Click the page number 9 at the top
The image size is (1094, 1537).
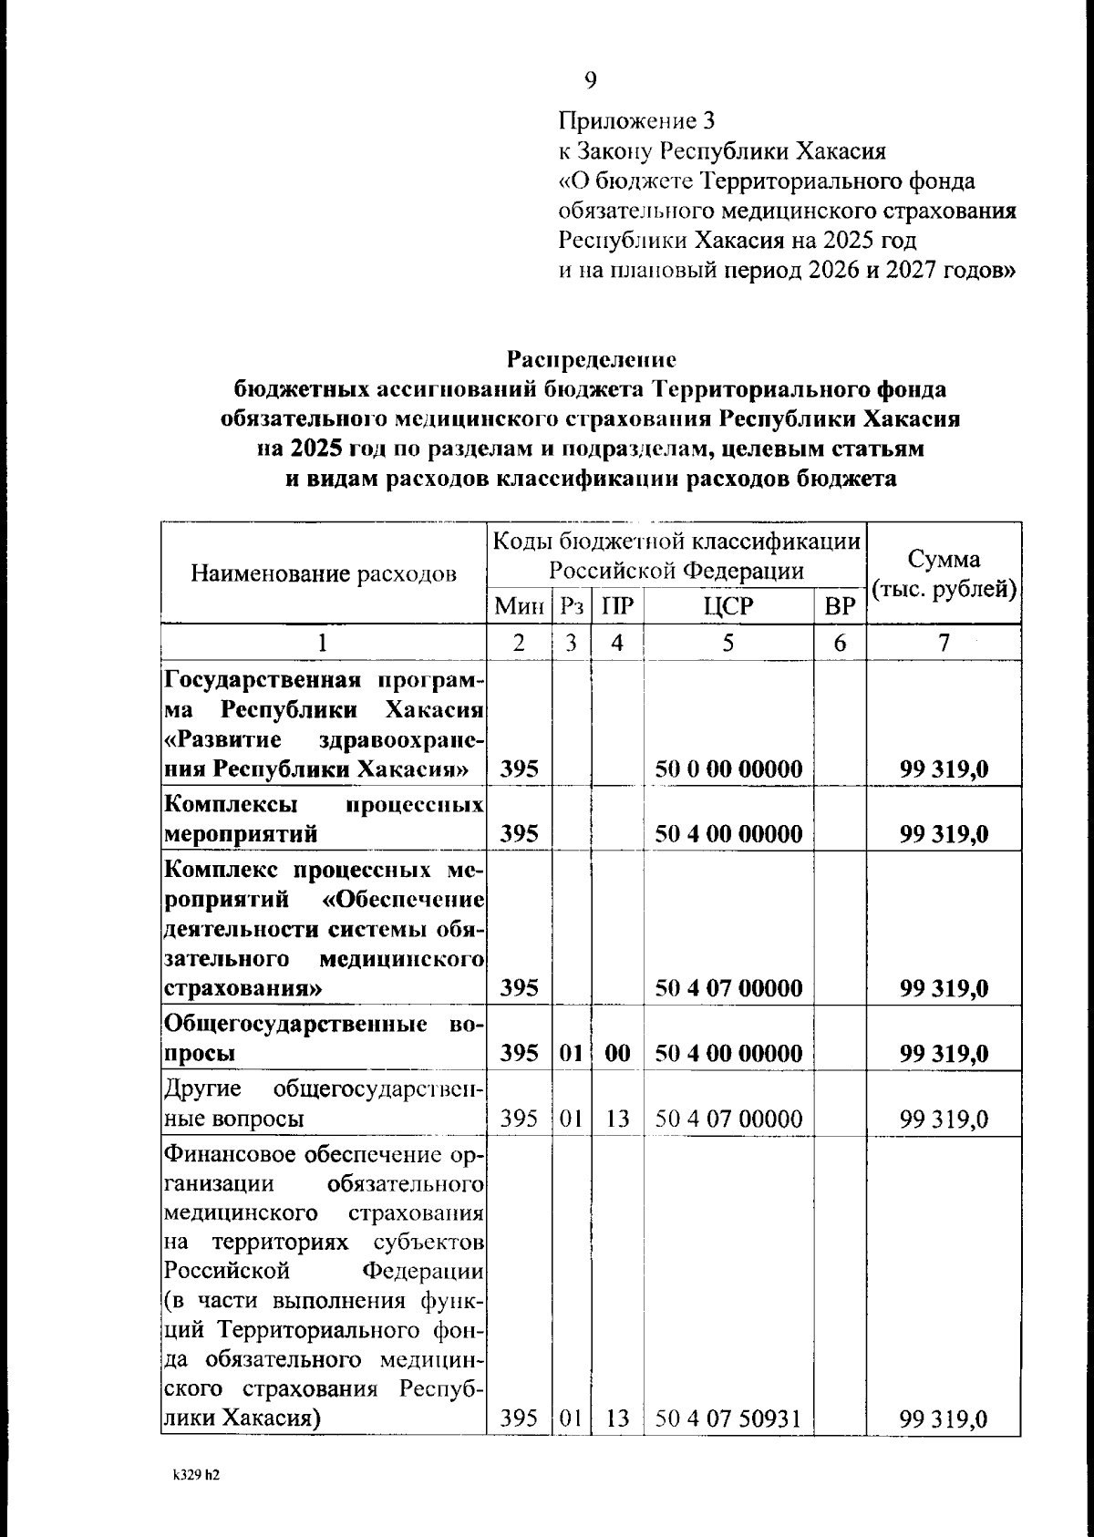[x=591, y=81]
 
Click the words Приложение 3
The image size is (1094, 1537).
[x=636, y=120]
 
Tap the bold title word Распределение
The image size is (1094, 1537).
[x=592, y=359]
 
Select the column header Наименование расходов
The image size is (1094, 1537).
[x=324, y=573]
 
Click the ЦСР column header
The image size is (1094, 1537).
[x=728, y=606]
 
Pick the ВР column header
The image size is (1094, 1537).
[x=839, y=606]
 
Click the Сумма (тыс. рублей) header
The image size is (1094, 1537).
[x=944, y=573]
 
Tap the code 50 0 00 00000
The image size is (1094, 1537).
[x=728, y=769]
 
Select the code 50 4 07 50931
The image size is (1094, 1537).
[x=728, y=1418]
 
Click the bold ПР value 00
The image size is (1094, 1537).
[x=617, y=1054]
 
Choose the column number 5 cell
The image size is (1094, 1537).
[x=728, y=643]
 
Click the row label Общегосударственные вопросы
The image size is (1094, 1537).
[x=324, y=1038]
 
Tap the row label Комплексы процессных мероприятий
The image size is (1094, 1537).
[x=324, y=820]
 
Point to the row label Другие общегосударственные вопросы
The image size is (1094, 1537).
[x=324, y=1103]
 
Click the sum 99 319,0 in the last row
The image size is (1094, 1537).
[x=944, y=1418]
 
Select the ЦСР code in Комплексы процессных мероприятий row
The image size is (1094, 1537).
[x=728, y=834]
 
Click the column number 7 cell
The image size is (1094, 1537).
[x=944, y=643]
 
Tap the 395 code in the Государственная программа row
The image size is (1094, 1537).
[x=520, y=769]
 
